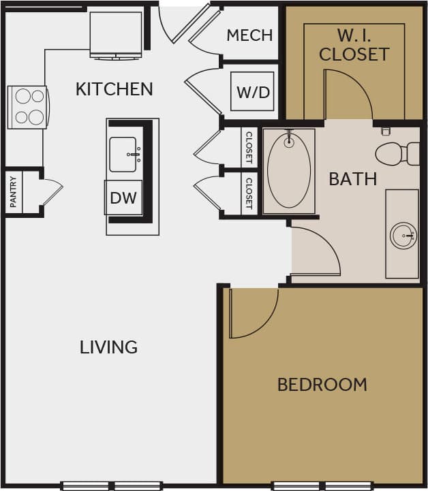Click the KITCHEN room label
pyautogui.click(x=114, y=89)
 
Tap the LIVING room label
pyautogui.click(x=109, y=347)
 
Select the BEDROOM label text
pyautogui.click(x=322, y=385)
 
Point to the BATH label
pyautogui.click(x=352, y=179)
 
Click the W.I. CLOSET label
pyautogui.click(x=354, y=45)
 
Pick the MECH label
pyautogui.click(x=249, y=35)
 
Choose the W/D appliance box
pyautogui.click(x=253, y=92)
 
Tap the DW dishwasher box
pyautogui.click(x=123, y=198)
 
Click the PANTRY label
pyautogui.click(x=13, y=193)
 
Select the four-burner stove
pyautogui.click(x=28, y=107)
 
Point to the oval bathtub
pyautogui.click(x=289, y=170)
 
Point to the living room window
pyautogui.click(x=112, y=486)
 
